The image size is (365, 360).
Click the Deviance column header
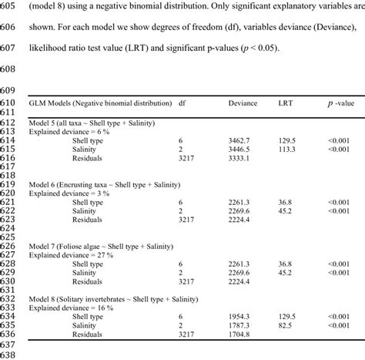pos(243,103)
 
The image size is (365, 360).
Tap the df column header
pos(182,103)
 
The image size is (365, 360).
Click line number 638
pos(10,352)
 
